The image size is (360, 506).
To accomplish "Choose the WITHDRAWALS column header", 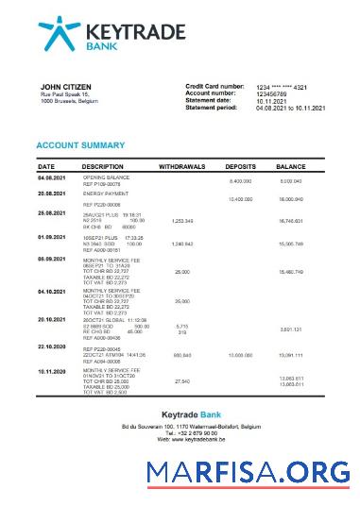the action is coord(184,165).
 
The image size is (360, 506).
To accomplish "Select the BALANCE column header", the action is coord(291,165).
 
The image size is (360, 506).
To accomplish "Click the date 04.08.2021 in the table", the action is coord(51,177).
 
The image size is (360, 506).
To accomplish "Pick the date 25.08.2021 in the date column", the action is coord(51,213).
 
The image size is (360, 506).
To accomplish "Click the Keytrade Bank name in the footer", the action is coord(180,415).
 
